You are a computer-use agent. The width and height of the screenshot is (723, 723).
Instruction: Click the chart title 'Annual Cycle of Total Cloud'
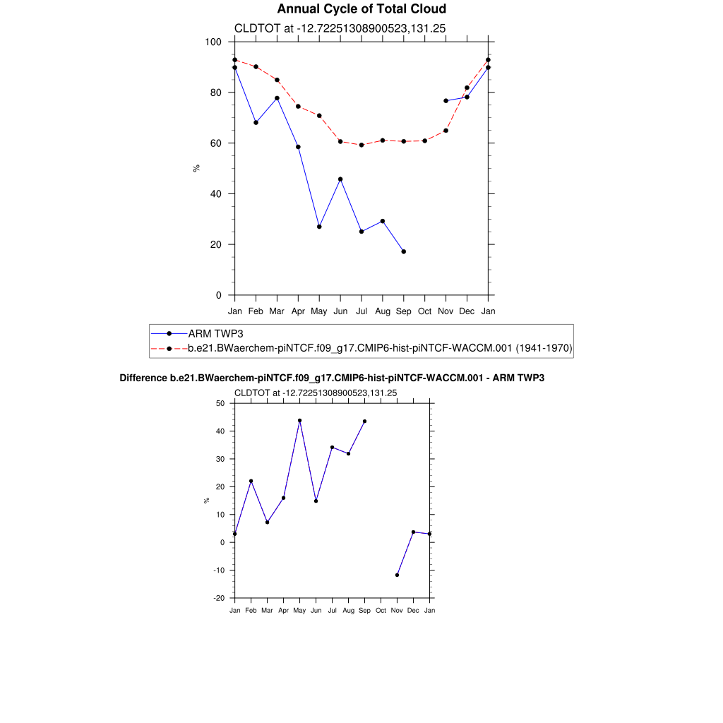pyautogui.click(x=361, y=9)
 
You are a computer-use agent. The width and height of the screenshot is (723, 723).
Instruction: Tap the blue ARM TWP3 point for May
pyautogui.click(x=319, y=227)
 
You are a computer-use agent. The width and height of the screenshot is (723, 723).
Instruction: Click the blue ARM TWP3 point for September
pyautogui.click(x=404, y=251)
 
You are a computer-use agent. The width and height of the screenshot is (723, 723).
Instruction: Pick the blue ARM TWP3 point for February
pyautogui.click(x=256, y=123)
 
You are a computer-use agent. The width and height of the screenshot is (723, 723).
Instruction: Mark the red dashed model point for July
pyautogui.click(x=361, y=145)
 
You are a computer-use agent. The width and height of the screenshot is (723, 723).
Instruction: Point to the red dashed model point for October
pyautogui.click(x=424, y=141)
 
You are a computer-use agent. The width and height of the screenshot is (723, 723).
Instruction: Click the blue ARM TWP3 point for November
pyautogui.click(x=446, y=101)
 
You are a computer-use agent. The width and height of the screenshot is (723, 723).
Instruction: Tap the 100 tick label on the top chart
pyautogui.click(x=213, y=42)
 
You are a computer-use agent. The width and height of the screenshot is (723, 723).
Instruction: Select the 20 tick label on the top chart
pyautogui.click(x=216, y=244)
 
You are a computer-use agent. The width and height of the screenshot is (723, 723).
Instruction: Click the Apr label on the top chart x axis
pyautogui.click(x=298, y=311)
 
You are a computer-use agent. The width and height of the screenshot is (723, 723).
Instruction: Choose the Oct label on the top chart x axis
pyautogui.click(x=424, y=311)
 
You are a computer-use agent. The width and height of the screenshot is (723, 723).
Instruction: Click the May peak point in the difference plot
pyautogui.click(x=299, y=420)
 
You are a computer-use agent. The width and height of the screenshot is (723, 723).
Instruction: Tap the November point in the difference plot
pyautogui.click(x=398, y=575)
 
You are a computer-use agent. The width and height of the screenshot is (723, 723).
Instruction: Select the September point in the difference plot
pyautogui.click(x=364, y=422)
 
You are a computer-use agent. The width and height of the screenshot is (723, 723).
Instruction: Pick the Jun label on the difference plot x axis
pyautogui.click(x=316, y=609)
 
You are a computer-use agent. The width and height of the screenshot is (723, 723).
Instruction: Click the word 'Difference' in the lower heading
pyautogui.click(x=143, y=378)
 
